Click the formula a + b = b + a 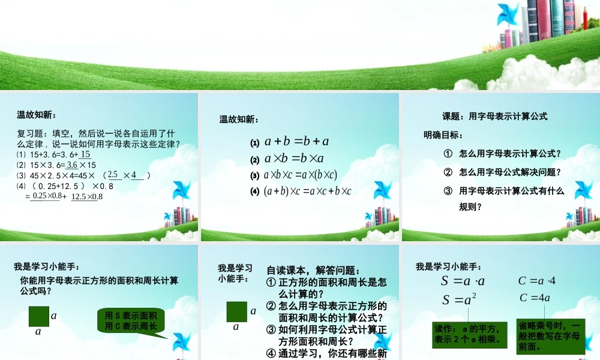(x=297, y=142)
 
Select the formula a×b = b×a (x=294, y=159)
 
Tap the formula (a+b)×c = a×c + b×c (x=307, y=191)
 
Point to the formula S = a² (x=459, y=299)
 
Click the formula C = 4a (x=535, y=298)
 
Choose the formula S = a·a (x=463, y=281)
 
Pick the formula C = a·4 (x=537, y=281)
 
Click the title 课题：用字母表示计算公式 (x=494, y=116)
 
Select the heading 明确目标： (x=443, y=135)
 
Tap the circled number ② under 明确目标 (x=448, y=172)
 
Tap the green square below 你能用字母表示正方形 (x=38, y=316)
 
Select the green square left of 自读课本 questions (x=236, y=312)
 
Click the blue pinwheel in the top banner (x=508, y=14)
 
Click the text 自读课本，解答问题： (x=313, y=271)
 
